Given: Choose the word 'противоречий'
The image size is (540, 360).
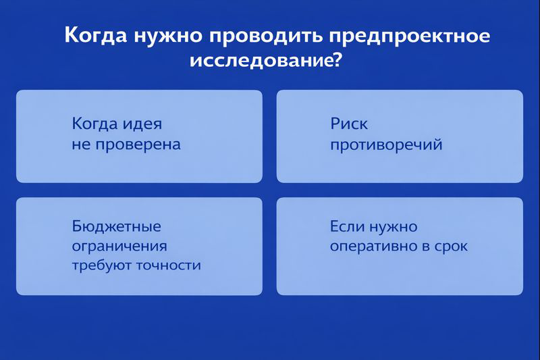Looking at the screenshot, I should coord(385,145).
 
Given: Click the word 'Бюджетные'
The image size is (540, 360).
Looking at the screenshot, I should coord(116,226).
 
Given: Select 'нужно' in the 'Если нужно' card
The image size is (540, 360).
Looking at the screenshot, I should coord(392,226).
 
